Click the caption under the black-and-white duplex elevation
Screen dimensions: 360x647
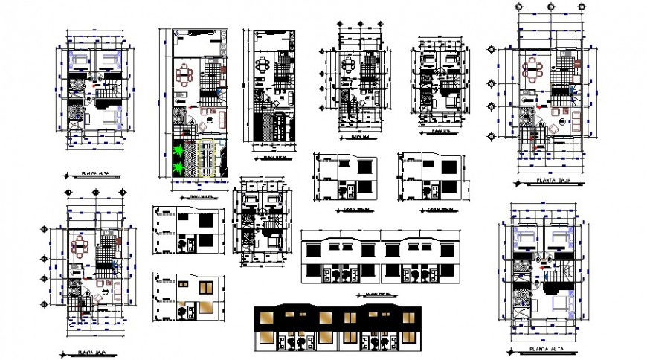point(379,293)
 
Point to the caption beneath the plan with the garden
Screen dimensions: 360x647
point(197,196)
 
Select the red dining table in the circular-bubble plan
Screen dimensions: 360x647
point(533,71)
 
